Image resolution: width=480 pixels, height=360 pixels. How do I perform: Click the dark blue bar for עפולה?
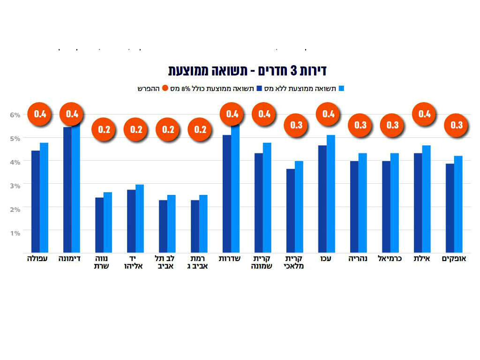pyautogui.click(x=36, y=202)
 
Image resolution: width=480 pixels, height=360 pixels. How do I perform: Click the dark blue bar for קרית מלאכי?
pyautogui.click(x=291, y=211)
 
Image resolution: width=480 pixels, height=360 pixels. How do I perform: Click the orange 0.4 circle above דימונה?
pyautogui.click(x=73, y=114)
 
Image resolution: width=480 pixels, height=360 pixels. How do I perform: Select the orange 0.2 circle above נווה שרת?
pyautogui.click(x=104, y=129)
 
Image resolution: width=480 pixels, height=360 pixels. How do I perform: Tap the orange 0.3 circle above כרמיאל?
pyautogui.click(x=392, y=125)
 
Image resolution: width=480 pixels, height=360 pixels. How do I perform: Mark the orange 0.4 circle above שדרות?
pyautogui.click(x=232, y=114)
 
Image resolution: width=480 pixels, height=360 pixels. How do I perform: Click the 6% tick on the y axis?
pyautogui.click(x=15, y=114)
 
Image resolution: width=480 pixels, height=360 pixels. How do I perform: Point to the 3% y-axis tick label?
pyautogui.click(x=15, y=186)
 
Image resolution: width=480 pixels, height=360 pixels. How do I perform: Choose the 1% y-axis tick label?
pyautogui.click(x=15, y=233)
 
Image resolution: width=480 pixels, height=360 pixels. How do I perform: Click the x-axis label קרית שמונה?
pyautogui.click(x=262, y=262)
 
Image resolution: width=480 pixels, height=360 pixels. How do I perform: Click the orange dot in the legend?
pyautogui.click(x=165, y=88)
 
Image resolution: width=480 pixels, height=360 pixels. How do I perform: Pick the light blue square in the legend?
pyautogui.click(x=342, y=88)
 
